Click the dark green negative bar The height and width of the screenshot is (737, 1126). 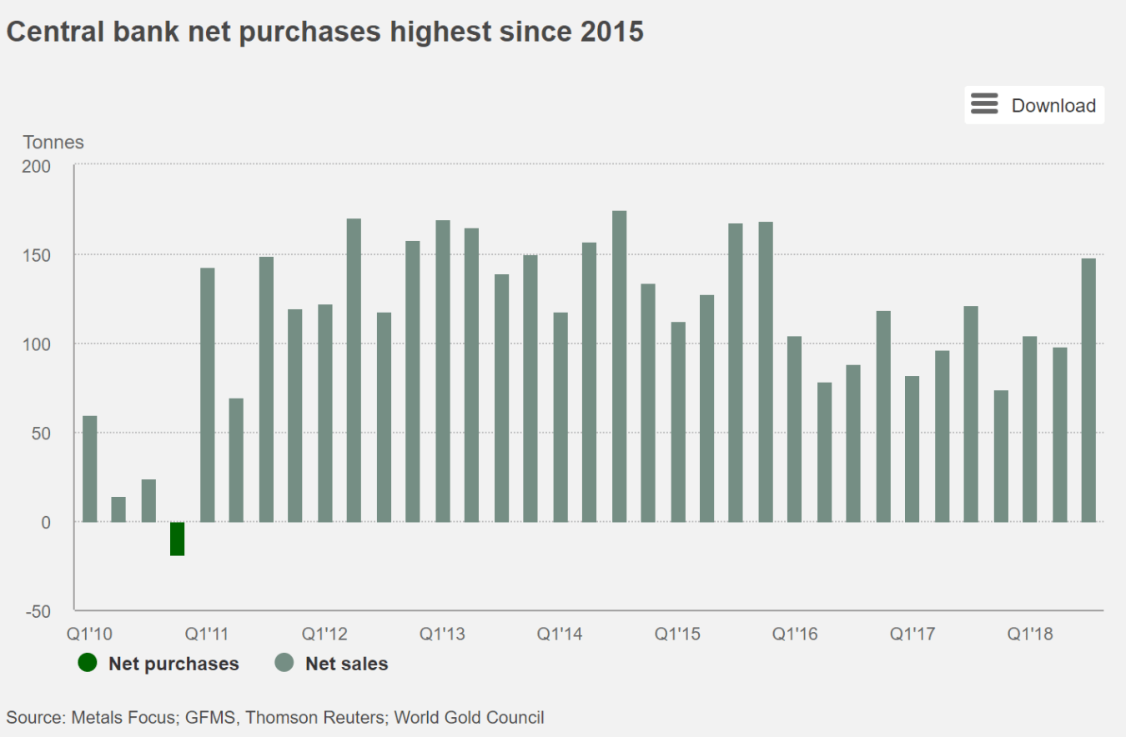(177, 539)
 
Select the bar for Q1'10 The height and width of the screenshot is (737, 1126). (89, 469)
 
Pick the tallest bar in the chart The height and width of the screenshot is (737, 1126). (619, 366)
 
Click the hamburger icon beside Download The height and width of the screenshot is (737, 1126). (984, 105)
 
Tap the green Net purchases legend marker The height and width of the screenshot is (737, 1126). (87, 664)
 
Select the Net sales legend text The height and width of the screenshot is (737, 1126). (346, 664)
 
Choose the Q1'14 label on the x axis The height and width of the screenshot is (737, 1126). (559, 634)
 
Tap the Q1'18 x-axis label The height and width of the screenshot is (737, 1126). (1029, 634)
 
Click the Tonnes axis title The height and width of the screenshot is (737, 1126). (53, 143)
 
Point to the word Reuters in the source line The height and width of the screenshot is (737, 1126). (354, 717)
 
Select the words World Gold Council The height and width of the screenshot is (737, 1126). (469, 717)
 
